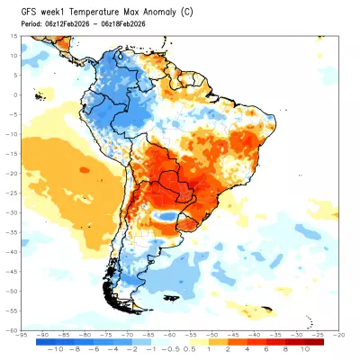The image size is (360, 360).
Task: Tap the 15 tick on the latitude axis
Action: click(x=15, y=35)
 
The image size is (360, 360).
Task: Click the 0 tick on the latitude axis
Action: click(x=17, y=94)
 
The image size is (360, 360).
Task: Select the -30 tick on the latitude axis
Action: click(x=13, y=212)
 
